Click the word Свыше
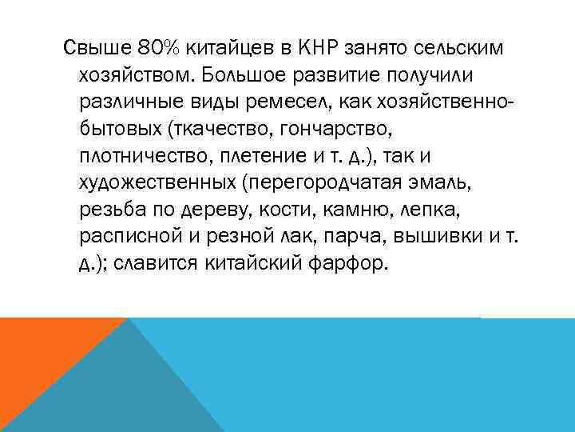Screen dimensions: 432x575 coord(90,49)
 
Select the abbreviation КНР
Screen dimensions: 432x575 coord(319,49)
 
